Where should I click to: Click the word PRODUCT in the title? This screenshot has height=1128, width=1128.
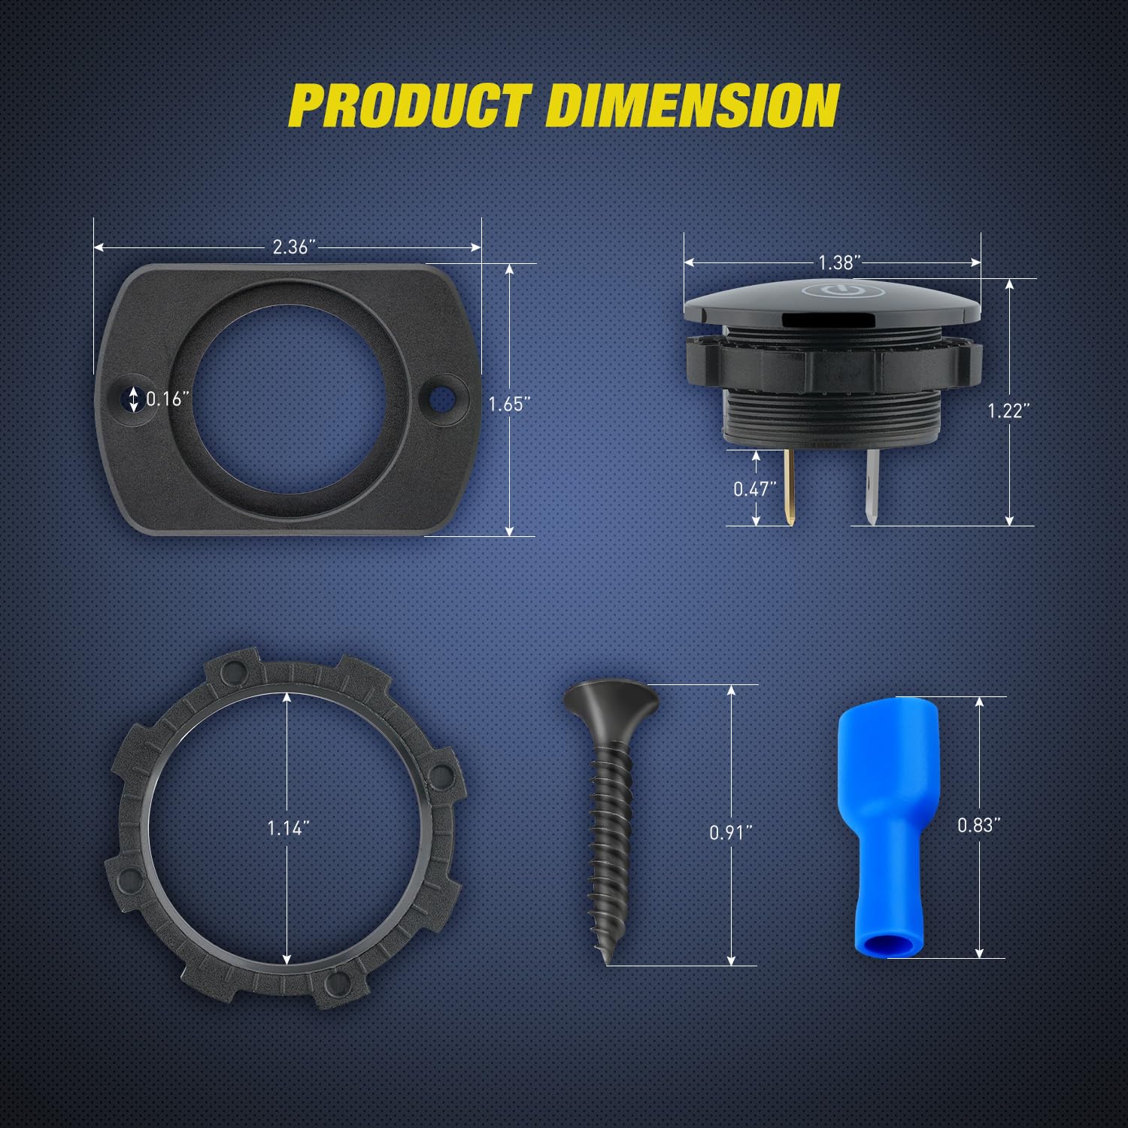point(410,105)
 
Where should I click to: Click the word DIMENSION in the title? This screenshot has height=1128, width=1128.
point(693,105)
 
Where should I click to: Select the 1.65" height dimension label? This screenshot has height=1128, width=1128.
point(510,404)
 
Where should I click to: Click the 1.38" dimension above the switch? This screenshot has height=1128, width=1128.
point(839,262)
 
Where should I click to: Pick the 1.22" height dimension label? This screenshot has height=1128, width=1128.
point(1008,410)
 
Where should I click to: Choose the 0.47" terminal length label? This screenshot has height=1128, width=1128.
point(755,489)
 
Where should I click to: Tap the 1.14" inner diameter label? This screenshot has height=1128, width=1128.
point(289,828)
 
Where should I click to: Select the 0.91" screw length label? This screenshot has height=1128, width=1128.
point(731,832)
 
